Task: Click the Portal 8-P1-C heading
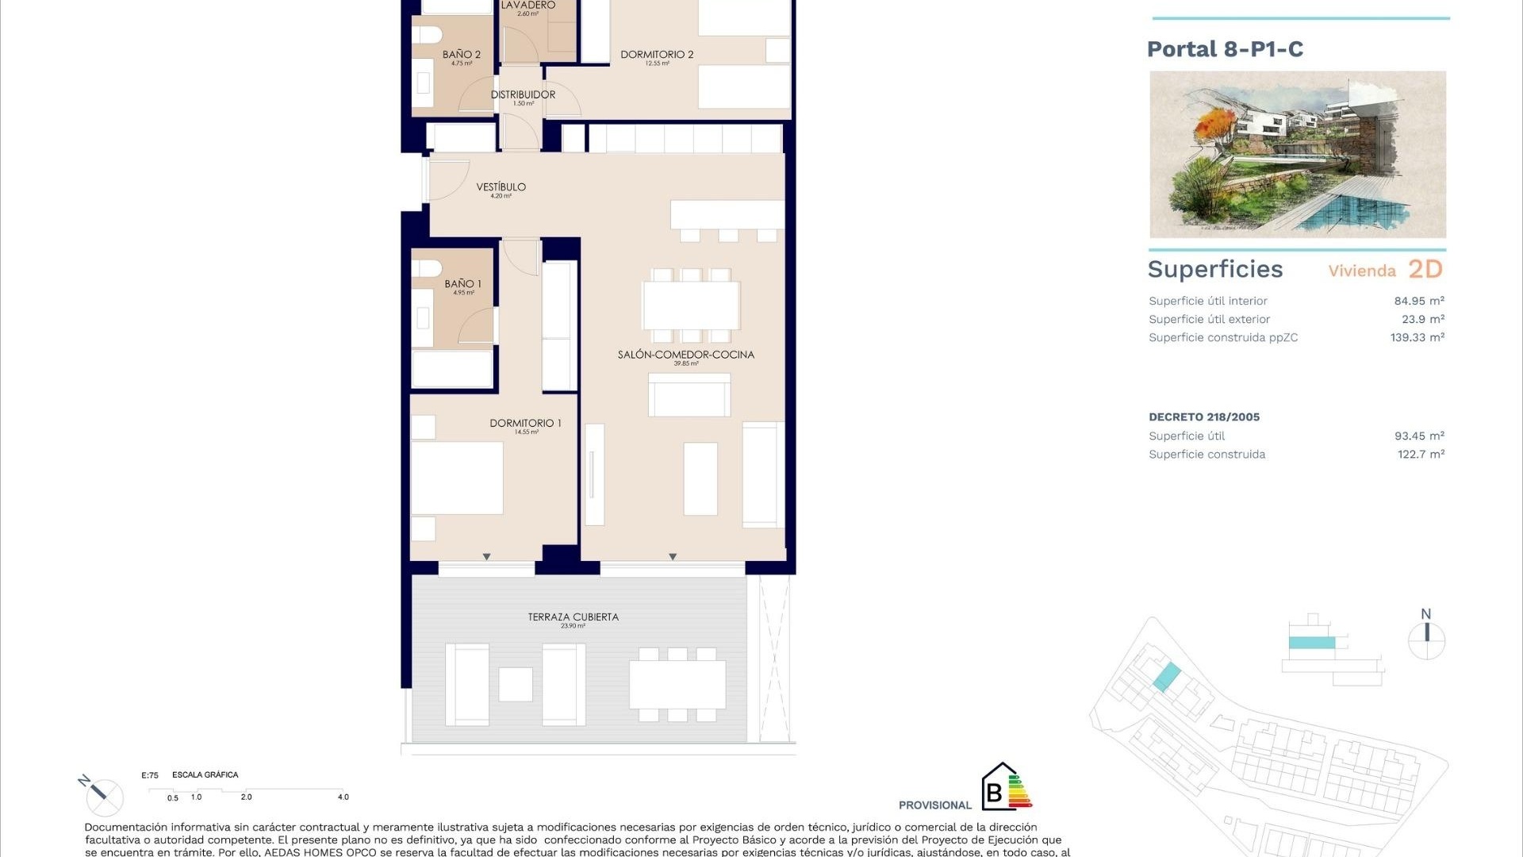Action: click(x=1225, y=49)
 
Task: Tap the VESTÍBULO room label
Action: click(x=501, y=187)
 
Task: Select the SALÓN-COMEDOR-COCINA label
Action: click(x=685, y=355)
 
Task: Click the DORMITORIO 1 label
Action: click(x=525, y=423)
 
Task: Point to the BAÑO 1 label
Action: click(x=462, y=283)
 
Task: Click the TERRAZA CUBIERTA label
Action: click(x=573, y=617)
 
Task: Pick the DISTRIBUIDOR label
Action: click(x=523, y=94)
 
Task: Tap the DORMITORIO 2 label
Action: click(x=657, y=55)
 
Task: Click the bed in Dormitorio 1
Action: click(x=457, y=478)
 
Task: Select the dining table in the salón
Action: click(x=691, y=306)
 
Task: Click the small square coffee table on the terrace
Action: click(x=516, y=684)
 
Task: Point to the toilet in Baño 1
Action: click(x=427, y=267)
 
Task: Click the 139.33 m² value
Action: click(x=1417, y=337)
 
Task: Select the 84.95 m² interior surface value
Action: click(x=1418, y=301)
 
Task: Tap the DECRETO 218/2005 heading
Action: click(x=1203, y=417)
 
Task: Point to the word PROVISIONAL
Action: click(x=934, y=805)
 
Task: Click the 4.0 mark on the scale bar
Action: click(x=343, y=797)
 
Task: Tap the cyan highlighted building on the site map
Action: click(x=1166, y=677)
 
